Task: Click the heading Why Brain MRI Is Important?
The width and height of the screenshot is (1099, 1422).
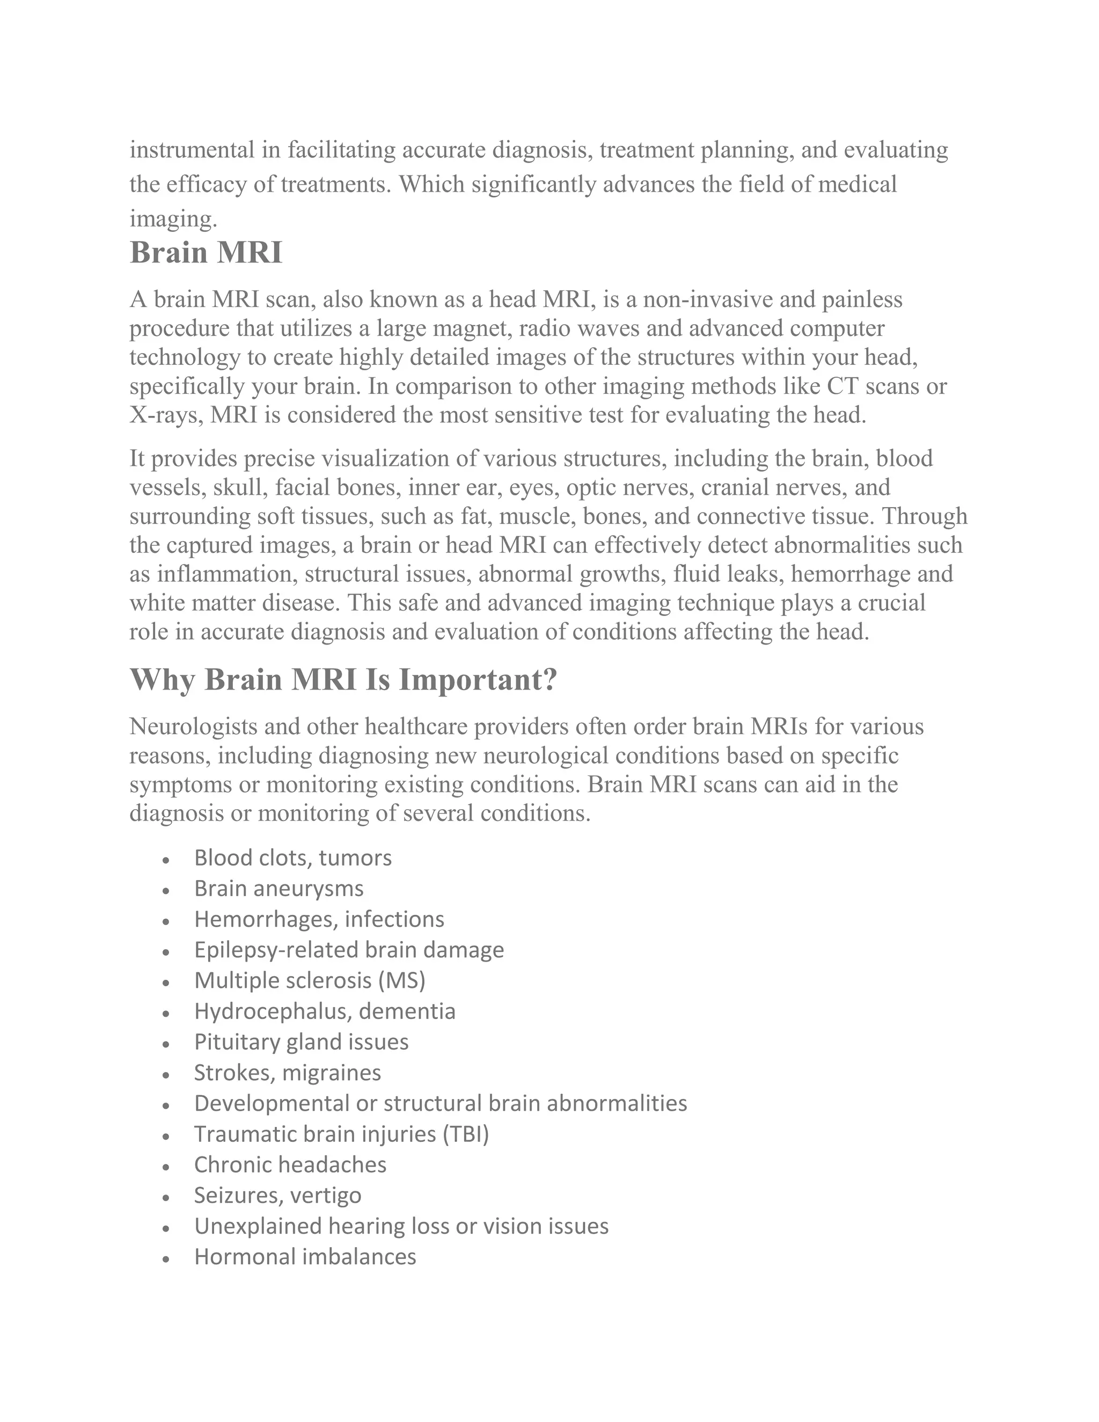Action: point(344,680)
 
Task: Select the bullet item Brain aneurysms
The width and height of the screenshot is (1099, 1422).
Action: point(279,888)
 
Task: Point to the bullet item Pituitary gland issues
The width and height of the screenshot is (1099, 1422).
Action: point(301,1042)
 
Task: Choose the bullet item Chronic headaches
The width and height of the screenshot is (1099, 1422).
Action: point(290,1164)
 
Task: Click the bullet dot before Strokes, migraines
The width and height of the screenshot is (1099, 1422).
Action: point(167,1074)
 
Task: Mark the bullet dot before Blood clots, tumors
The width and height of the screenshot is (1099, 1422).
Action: point(167,860)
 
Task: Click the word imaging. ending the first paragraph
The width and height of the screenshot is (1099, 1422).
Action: point(173,219)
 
